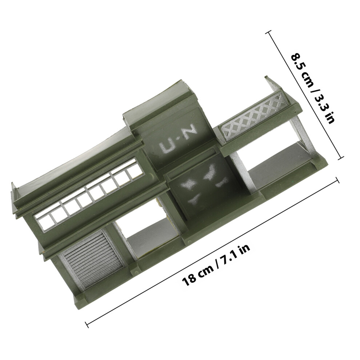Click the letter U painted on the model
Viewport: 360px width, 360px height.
(x=167, y=147)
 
